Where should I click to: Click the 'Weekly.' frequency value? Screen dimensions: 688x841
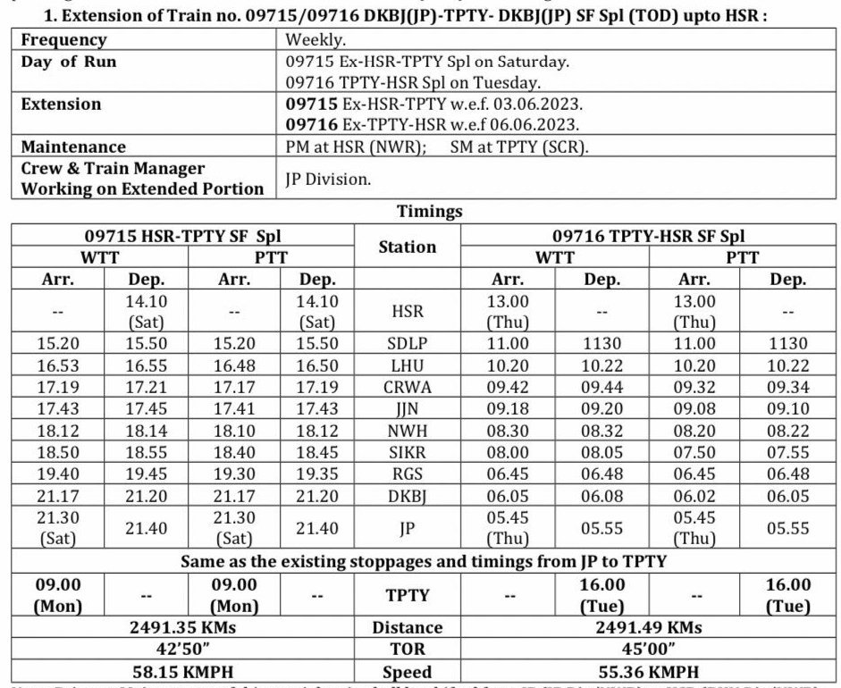pos(315,40)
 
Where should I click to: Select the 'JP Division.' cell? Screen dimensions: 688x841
pos(328,179)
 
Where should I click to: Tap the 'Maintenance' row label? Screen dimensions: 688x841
pos(73,147)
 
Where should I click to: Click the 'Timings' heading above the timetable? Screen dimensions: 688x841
pos(431,212)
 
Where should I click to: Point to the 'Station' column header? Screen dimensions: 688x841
pos(408,247)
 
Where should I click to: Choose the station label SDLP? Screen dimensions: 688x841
pos(408,343)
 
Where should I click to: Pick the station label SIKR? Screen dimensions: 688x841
pos(408,452)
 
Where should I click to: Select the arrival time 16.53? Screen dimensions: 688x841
pos(57,366)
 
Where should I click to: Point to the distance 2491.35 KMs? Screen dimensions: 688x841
pos(183,627)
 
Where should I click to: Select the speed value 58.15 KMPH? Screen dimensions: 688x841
pos(183,672)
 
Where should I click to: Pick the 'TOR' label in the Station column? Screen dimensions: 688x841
pos(408,650)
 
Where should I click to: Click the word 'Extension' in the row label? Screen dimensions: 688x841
pos(61,105)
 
